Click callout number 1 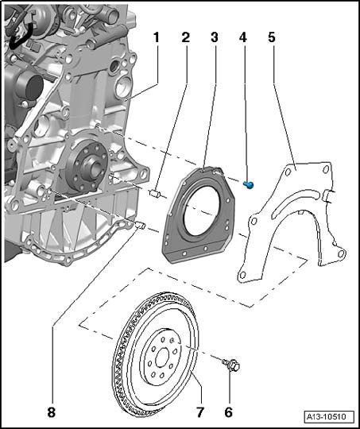[157, 37]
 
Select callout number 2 [186, 37]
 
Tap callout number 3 [215, 37]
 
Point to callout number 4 [243, 37]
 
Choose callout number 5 [272, 37]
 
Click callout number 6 [228, 412]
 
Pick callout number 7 [199, 412]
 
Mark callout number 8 [51, 412]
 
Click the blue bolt [249, 184]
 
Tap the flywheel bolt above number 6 [231, 365]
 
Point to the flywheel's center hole [162, 357]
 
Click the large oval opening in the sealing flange [202, 211]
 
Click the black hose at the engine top [19, 37]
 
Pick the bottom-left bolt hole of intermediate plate [242, 275]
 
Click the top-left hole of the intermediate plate [288, 172]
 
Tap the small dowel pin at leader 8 [140, 225]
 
